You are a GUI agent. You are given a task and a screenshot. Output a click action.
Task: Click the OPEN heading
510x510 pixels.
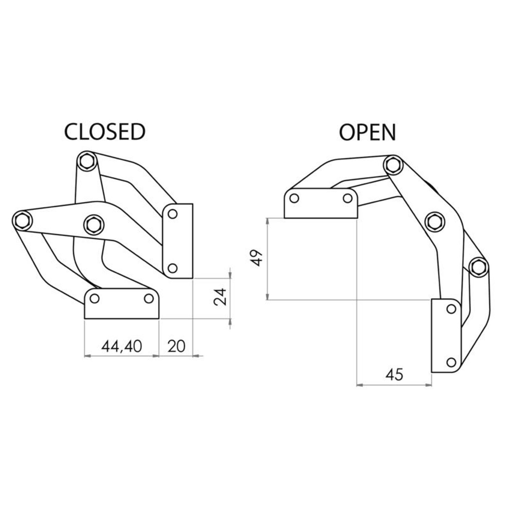click(x=368, y=132)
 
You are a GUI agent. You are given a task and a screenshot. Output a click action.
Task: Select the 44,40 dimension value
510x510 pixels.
click(x=121, y=346)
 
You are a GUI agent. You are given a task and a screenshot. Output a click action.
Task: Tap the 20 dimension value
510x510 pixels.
click(x=176, y=346)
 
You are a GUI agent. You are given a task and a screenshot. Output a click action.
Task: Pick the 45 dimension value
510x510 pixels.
click(x=394, y=375)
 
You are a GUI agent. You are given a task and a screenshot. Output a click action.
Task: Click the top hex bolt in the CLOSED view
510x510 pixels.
click(x=86, y=161)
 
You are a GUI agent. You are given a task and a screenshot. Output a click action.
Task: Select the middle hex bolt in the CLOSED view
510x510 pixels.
click(x=93, y=224)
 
